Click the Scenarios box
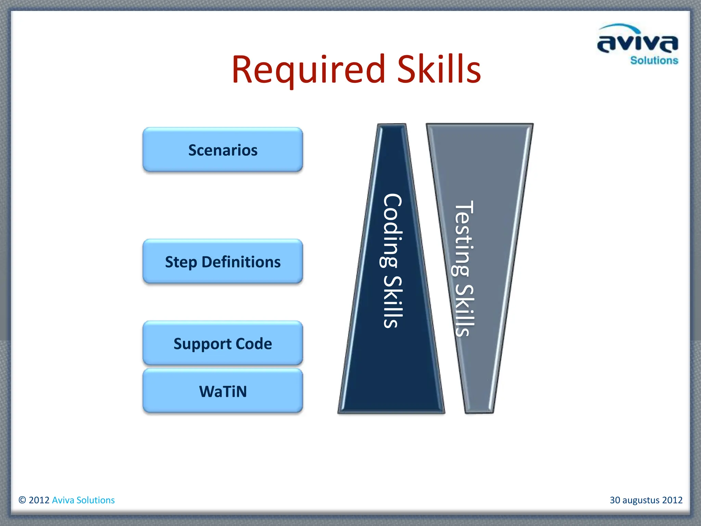222,150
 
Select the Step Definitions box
222,262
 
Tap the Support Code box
222,343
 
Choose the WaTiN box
222,391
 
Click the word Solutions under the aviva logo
654,61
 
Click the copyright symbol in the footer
22,500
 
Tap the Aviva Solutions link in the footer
83,500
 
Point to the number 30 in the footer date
615,500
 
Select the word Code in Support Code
254,344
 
